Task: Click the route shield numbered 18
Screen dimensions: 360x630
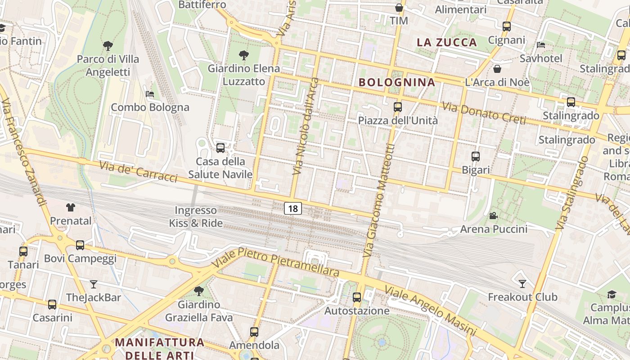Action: pyautogui.click(x=293, y=208)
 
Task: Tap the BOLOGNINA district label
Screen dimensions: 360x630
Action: pyautogui.click(x=397, y=82)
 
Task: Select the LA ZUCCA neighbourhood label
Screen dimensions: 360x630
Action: pyautogui.click(x=446, y=42)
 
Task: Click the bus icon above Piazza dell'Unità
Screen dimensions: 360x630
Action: pyautogui.click(x=397, y=107)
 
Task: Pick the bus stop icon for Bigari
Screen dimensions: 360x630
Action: pyautogui.click(x=476, y=157)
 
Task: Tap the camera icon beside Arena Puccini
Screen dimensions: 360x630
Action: pyautogui.click(x=493, y=216)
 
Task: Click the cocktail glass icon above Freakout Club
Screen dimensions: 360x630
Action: pyautogui.click(x=522, y=283)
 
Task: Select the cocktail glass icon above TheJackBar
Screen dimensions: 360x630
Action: pyautogui.click(x=93, y=284)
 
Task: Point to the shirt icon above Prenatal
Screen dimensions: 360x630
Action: pyautogui.click(x=71, y=207)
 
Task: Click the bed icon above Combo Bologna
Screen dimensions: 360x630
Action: pyautogui.click(x=150, y=94)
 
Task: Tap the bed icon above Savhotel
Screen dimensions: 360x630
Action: pyautogui.click(x=541, y=45)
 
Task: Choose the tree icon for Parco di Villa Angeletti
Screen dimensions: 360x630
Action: pyautogui.click(x=108, y=45)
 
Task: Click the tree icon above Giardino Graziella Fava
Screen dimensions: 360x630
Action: pyautogui.click(x=198, y=291)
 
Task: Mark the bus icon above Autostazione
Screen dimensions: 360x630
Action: pyautogui.click(x=357, y=297)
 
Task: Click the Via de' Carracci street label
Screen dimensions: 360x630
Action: pyautogui.click(x=138, y=172)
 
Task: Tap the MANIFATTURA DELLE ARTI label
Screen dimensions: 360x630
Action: pyautogui.click(x=160, y=348)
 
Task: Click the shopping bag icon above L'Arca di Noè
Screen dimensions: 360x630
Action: pyautogui.click(x=497, y=69)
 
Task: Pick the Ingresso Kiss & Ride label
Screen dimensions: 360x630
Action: pyautogui.click(x=196, y=216)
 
